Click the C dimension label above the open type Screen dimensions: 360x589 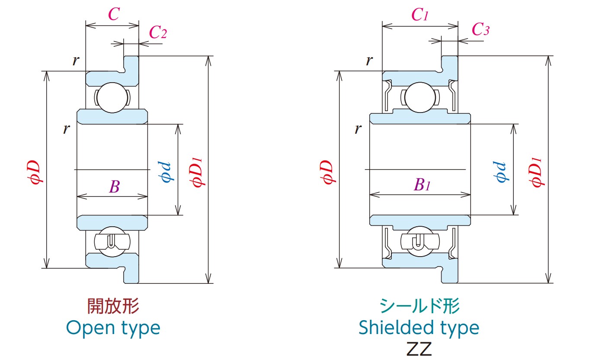(113, 15)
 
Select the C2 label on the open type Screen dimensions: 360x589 (158, 32)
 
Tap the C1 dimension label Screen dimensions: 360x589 (420, 16)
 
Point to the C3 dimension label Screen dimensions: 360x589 (480, 30)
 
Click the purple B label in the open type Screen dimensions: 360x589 (114, 187)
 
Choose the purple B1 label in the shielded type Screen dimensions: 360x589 (422, 185)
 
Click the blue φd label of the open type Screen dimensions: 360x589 (166, 172)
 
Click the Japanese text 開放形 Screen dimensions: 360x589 (113, 306)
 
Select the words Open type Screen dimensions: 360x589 (113, 328)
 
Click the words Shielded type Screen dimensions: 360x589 (419, 328)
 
